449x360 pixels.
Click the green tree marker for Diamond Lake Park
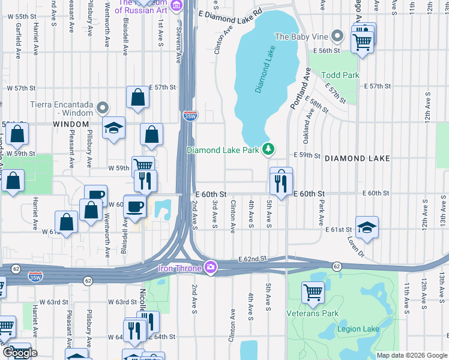coord(270,149)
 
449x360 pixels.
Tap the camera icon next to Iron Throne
coord(210,268)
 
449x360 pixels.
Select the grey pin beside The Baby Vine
coord(338,37)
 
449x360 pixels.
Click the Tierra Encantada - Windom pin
coord(103,108)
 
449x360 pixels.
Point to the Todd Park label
coord(340,75)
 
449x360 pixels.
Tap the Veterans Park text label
coord(313,313)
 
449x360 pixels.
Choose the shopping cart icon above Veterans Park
coord(313,293)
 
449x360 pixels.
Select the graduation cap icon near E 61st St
coord(367,228)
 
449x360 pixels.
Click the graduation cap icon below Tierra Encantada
coord(113,128)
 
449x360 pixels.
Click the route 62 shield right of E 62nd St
coord(337,265)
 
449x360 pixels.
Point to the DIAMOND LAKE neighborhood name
coord(357,158)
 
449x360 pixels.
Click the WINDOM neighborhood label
coord(71,124)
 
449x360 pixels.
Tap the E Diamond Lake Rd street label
coord(231,13)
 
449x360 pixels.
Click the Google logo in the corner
coord(20,353)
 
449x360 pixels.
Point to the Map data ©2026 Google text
coord(411,355)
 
